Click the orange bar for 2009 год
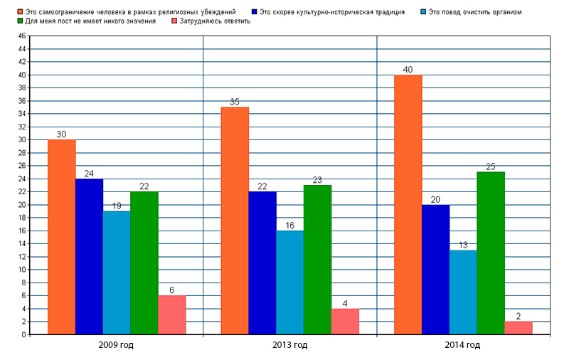pyautogui.click(x=62, y=236)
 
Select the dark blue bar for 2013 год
pyautogui.click(x=262, y=263)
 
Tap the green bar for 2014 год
pyautogui.click(x=491, y=253)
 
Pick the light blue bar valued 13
pyautogui.click(x=463, y=292)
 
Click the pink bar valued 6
pyautogui.click(x=172, y=314)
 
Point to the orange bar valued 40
pyautogui.click(x=408, y=204)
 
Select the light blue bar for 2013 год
pyautogui.click(x=290, y=282)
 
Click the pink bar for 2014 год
pyautogui.click(x=519, y=327)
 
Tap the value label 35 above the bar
pyautogui.click(x=235, y=102)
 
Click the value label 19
pyautogui.click(x=117, y=206)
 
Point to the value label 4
pyautogui.click(x=345, y=303)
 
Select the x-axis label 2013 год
pyautogui.click(x=290, y=345)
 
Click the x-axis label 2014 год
pyautogui.click(x=463, y=345)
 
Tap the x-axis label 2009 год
pyautogui.click(x=117, y=345)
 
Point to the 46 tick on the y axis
pyautogui.click(x=21, y=36)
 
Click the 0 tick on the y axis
pyautogui.click(x=23, y=334)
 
